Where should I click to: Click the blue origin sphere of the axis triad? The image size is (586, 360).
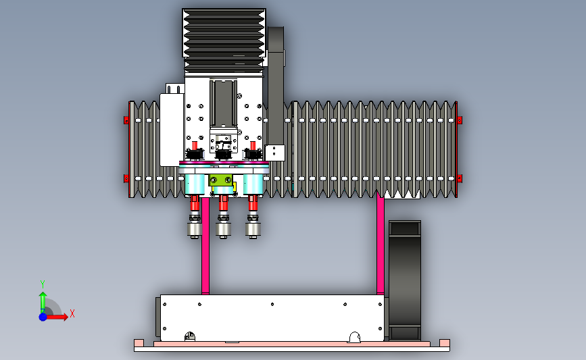point(43,317)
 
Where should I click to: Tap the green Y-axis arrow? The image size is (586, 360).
point(43,302)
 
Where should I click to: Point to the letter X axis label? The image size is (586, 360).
point(72,313)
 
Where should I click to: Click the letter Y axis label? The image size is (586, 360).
point(43,284)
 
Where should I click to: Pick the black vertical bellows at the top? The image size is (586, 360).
point(224,40)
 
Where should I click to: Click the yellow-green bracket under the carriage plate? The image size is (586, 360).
point(221,180)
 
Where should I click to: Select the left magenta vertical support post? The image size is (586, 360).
point(205,245)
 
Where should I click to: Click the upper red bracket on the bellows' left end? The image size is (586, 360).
point(126,120)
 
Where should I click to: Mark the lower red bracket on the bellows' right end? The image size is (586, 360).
point(460,178)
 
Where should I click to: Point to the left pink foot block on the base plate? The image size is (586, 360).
point(139,343)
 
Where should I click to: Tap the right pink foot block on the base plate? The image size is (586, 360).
point(445,343)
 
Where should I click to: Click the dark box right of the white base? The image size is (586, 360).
point(405,280)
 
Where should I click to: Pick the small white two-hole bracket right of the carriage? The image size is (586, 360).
point(274,153)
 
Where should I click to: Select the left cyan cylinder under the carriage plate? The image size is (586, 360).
point(195,184)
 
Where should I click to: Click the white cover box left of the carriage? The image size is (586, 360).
point(172,130)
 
